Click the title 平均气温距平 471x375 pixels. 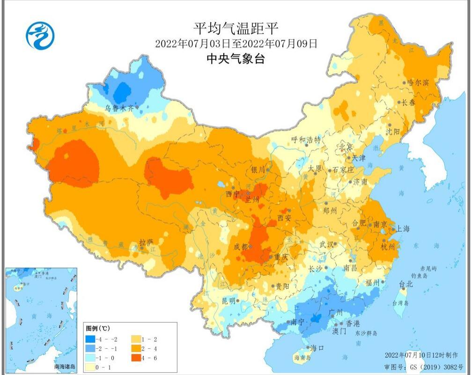pos(236,29)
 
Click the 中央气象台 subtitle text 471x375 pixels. pos(236,59)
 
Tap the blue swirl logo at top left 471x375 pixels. pos(40,36)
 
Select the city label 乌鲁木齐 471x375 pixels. pos(119,108)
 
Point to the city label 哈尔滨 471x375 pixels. pos(418,82)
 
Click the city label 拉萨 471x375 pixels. pos(146,242)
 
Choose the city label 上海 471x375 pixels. pos(403,229)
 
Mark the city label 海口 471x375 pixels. pos(317,348)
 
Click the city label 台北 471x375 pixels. pos(405,284)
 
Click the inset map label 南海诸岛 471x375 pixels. pos(65,367)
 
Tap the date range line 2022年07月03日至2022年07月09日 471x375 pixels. pos(236,44)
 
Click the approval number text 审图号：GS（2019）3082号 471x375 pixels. pos(423,367)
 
